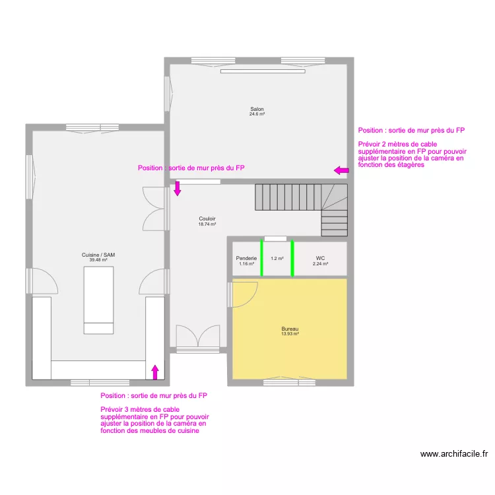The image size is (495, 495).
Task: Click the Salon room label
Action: tap(257, 109)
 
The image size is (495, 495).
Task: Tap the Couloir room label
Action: tap(207, 218)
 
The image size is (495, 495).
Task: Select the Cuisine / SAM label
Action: tap(98, 255)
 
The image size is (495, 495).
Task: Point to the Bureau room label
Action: tap(290, 329)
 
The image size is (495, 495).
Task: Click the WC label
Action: tap(320, 258)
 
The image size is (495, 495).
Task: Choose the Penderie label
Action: tap(246, 258)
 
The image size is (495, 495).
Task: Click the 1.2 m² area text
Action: tap(277, 259)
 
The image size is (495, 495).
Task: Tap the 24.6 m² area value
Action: tap(257, 114)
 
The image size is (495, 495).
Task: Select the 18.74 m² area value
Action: tap(207, 224)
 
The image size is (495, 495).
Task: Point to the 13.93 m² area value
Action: tap(290, 334)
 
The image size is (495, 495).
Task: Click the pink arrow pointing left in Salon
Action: tap(341, 170)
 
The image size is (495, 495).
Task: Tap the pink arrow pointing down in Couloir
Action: tap(178, 189)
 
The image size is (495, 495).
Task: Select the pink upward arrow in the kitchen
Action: tap(155, 372)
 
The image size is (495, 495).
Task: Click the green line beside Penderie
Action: tap(261, 258)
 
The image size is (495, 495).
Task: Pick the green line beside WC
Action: tap(292, 258)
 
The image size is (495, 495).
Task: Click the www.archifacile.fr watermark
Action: tap(454, 454)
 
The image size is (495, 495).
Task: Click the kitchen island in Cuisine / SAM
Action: tap(98, 300)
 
